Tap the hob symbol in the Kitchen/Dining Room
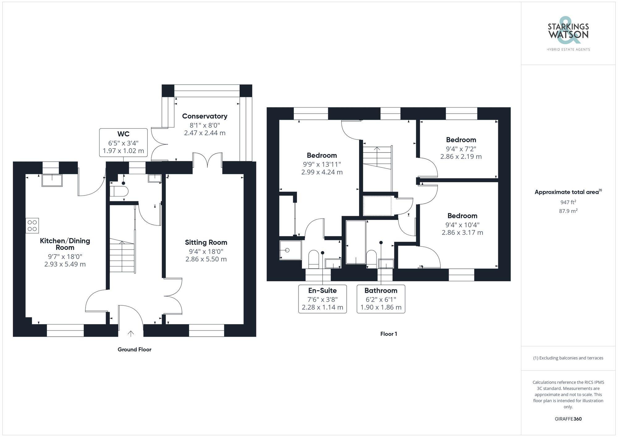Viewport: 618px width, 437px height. tap(32, 225)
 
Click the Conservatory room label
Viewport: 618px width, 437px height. tap(205, 116)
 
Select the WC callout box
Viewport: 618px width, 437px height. tap(123, 143)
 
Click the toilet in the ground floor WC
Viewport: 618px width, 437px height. tap(119, 191)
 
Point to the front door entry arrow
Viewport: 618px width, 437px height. tap(131, 334)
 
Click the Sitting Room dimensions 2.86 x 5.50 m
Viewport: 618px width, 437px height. tap(206, 259)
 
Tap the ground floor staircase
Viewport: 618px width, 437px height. tap(122, 256)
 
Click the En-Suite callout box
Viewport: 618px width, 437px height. tap(322, 299)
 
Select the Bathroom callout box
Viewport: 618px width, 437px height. tap(381, 299)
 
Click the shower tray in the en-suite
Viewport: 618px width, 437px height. tap(290, 250)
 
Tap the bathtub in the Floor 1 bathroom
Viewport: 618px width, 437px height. tap(356, 242)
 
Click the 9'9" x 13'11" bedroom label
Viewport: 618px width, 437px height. tap(322, 155)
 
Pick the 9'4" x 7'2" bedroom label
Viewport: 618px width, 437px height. tap(461, 140)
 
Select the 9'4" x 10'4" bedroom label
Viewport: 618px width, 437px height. tap(462, 216)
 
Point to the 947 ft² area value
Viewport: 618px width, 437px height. tap(568, 202)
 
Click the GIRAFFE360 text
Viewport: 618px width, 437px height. tap(568, 419)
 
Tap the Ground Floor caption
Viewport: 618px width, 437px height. tap(134, 349)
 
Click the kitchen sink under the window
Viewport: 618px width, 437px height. tap(52, 180)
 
